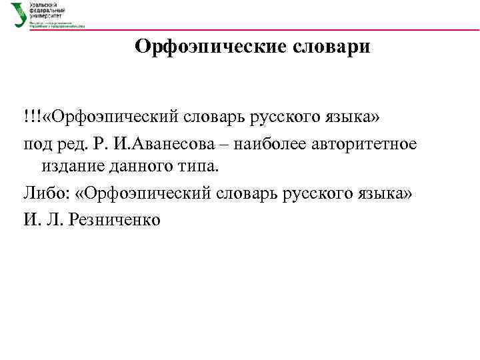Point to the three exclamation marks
pyautogui.click(x=31, y=117)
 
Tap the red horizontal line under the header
pyautogui.click(x=267, y=29)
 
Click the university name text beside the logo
pyautogui.click(x=50, y=11)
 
